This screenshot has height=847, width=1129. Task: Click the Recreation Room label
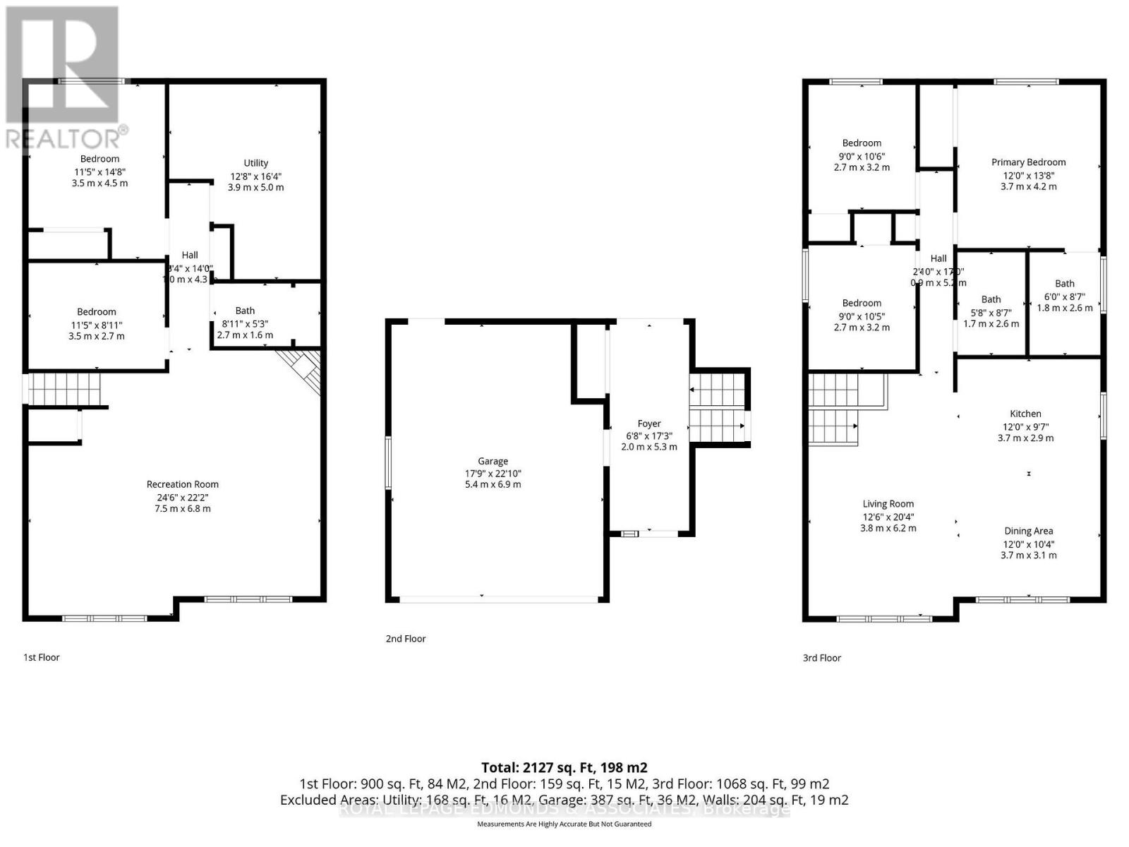pos(182,484)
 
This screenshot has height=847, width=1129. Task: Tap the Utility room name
pos(255,163)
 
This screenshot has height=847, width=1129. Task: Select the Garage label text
pos(493,461)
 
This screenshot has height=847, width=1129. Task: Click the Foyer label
pos(649,423)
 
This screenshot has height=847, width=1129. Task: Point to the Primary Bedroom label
pos(1028,162)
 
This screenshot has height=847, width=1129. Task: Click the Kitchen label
pos(1025,414)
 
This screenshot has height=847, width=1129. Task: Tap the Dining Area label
pos(1028,531)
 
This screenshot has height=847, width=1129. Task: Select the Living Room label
pos(888,504)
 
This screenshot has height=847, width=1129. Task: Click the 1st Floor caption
pos(42,657)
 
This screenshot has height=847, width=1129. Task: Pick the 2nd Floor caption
pos(406,639)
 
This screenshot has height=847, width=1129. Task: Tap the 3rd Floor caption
pos(822,658)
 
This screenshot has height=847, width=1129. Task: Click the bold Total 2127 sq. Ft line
pos(564,767)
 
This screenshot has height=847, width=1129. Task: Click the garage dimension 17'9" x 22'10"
pos(493,474)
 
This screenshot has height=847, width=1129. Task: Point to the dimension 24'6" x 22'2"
pos(182,497)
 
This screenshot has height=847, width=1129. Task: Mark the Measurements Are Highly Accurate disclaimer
pos(564,824)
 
